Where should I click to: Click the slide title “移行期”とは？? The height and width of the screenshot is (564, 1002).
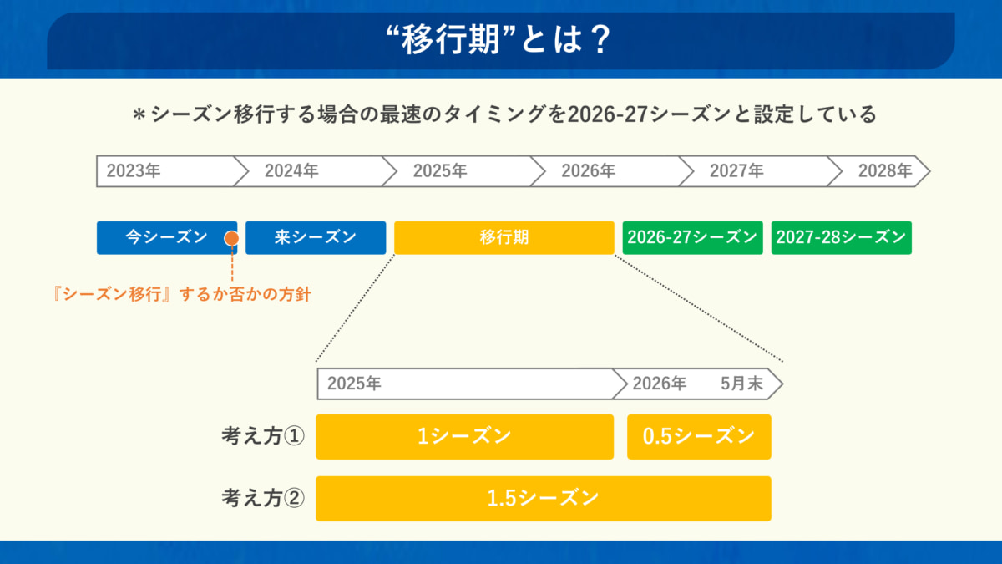[x=498, y=39]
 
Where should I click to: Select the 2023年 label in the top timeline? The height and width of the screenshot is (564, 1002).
[x=134, y=171]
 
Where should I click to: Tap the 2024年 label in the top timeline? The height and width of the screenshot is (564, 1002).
[x=291, y=171]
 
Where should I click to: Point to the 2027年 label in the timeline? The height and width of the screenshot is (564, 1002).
[x=736, y=171]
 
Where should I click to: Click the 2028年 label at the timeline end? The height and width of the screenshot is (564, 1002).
[x=885, y=171]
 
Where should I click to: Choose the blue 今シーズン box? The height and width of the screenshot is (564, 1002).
[x=167, y=237]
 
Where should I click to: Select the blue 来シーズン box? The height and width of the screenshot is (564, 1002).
[x=316, y=237]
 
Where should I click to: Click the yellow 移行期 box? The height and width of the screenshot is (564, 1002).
[x=504, y=237]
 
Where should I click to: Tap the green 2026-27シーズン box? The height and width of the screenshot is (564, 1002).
[x=692, y=237]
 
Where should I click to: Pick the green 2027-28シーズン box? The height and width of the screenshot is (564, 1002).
[x=842, y=237]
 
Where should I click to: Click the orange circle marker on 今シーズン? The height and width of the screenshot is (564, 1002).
[x=231, y=238]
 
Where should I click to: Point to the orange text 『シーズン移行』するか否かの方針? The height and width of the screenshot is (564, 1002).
[x=182, y=294]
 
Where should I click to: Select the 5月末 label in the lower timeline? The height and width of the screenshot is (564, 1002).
[x=741, y=384]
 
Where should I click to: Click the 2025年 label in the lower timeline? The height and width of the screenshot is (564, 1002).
[x=354, y=384]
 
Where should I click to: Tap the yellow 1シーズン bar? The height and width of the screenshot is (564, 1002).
[x=465, y=437]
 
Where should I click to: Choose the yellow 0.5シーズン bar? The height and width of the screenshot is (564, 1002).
[x=699, y=437]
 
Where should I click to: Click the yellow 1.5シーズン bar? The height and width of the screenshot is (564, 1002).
[x=544, y=499]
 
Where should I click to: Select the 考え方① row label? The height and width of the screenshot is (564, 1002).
[x=263, y=436]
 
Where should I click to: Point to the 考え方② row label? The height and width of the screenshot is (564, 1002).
[x=263, y=498]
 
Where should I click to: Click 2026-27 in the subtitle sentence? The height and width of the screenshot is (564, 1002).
[x=608, y=114]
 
